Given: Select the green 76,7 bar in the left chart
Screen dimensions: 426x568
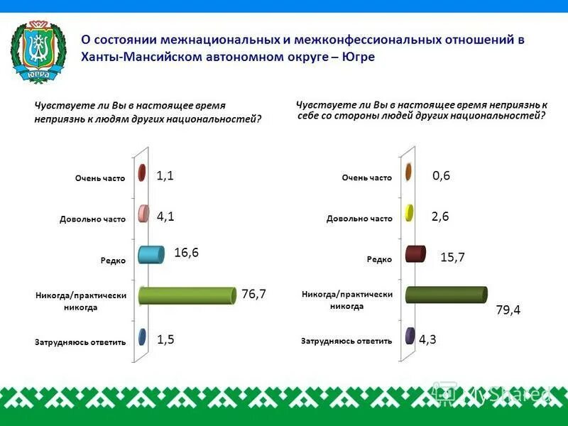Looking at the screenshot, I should click(x=187, y=296).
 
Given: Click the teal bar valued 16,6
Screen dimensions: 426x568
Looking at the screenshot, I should click(x=152, y=254).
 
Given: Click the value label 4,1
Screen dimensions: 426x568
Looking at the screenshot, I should click(x=166, y=217).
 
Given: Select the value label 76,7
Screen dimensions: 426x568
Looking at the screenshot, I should click(x=253, y=294).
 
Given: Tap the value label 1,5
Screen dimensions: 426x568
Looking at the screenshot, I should click(x=166, y=340).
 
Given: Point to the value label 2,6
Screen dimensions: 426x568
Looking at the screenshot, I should click(x=440, y=217).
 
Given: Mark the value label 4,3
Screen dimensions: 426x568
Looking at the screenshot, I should click(x=427, y=340).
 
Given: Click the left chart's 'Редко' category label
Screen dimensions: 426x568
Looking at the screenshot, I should click(x=114, y=261).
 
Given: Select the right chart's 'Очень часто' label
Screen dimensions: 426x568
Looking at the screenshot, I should click(x=366, y=177).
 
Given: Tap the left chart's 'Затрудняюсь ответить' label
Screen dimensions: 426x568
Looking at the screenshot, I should click(x=80, y=342).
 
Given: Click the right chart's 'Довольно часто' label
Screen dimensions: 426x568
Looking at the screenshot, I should click(x=359, y=219).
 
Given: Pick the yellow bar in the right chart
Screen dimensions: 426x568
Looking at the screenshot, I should click(x=409, y=213).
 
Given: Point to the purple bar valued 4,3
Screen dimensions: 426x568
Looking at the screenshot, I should click(x=410, y=337).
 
